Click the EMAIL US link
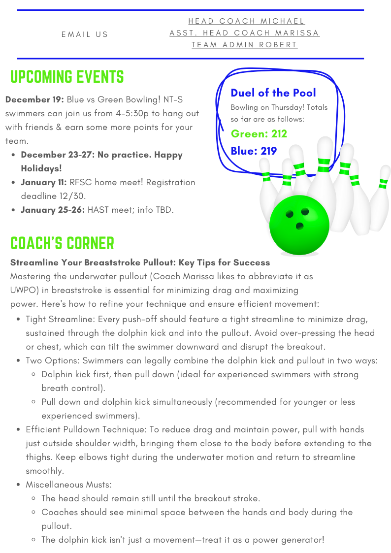coord(85,34)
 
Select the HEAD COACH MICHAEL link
coord(246,21)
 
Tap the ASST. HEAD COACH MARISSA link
coord(244,33)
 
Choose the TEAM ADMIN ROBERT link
coord(244,45)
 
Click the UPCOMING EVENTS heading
coord(67,77)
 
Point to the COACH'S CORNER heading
coord(62,243)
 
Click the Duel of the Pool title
coord(273,93)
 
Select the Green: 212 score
coord(259,134)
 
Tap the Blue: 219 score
coord(254,151)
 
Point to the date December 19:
coord(34,99)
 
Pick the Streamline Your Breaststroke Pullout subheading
coord(140,262)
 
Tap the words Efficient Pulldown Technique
coord(84,429)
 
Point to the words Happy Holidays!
coord(101,162)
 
